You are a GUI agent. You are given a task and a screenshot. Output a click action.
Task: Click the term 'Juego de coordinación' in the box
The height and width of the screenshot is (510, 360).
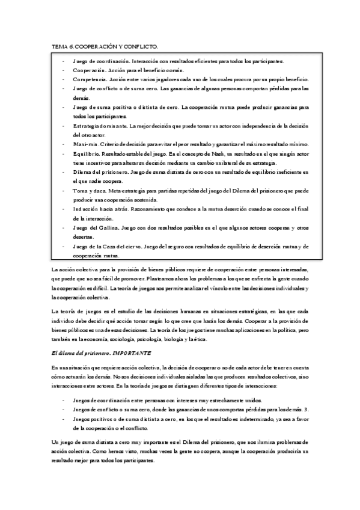pyautogui.click(x=100, y=61)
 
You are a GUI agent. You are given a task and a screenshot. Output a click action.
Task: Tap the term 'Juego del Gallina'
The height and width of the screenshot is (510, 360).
pyautogui.click(x=95, y=228)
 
